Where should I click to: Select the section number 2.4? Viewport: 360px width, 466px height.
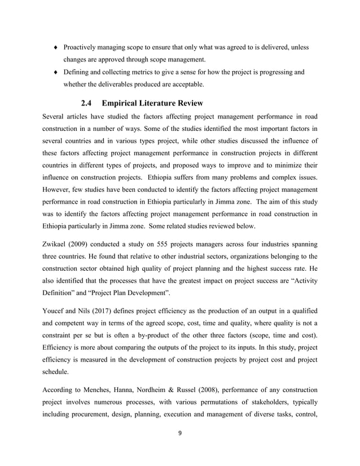pos(89,103)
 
